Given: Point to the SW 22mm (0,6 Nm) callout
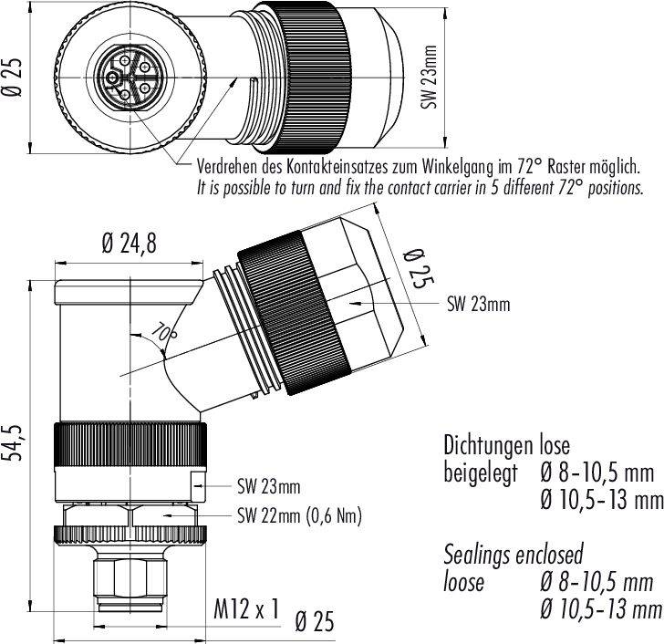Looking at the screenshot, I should [299, 515].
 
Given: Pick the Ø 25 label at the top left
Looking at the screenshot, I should [14, 75].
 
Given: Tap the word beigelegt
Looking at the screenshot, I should [479, 473].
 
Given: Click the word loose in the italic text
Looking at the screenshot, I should [464, 582].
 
